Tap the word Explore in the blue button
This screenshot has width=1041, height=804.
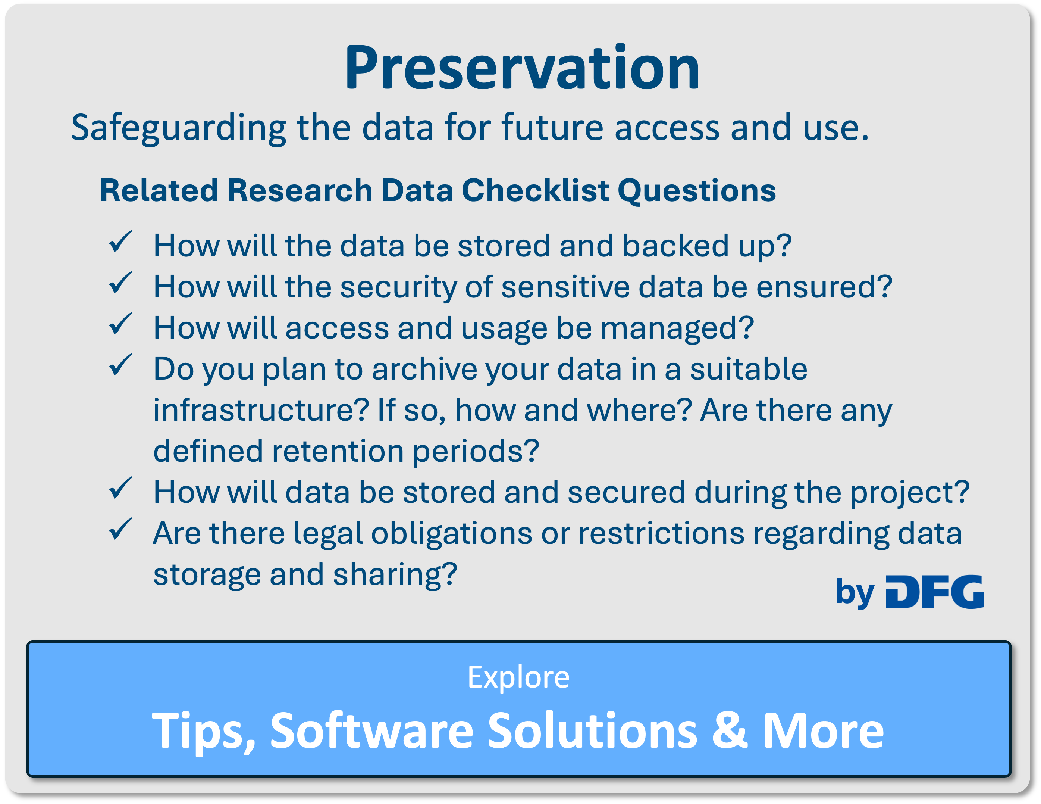pyautogui.click(x=518, y=677)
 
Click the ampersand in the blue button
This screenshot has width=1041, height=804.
pyautogui.click(x=729, y=730)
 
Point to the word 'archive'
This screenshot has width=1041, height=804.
pyautogui.click(x=424, y=369)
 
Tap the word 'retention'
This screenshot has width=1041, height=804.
pyautogui.click(x=338, y=451)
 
